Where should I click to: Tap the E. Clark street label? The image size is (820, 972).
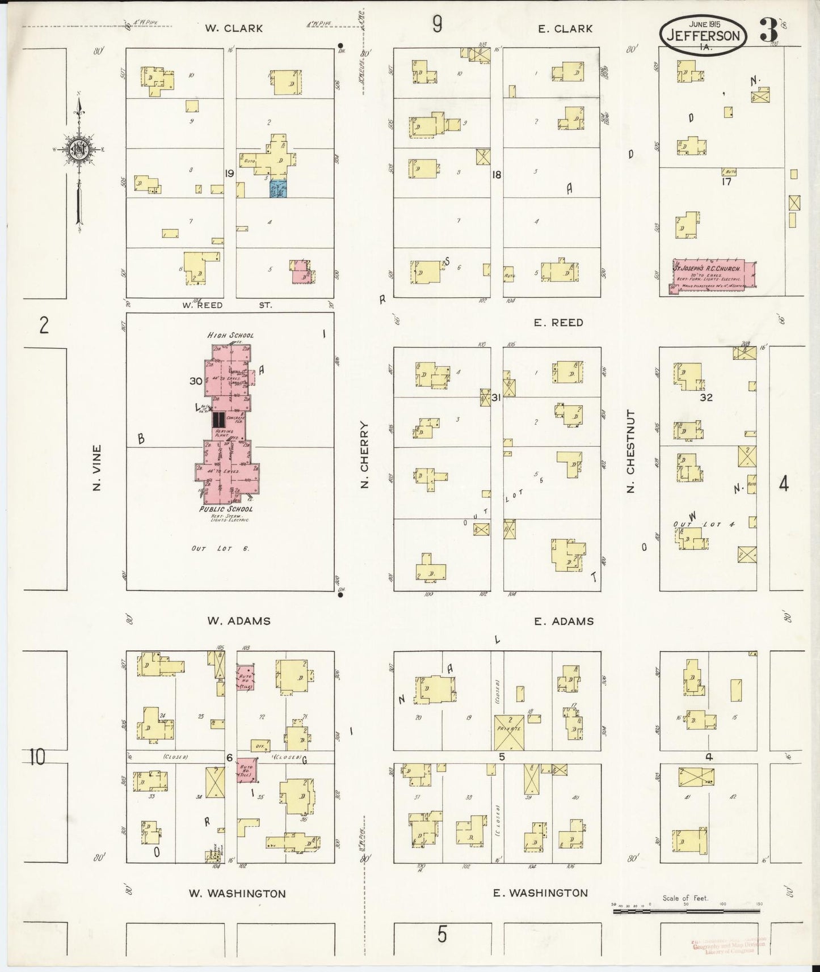565,28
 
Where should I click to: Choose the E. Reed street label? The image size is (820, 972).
558,322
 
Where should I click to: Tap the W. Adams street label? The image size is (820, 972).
238,620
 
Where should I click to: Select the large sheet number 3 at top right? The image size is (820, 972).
768,33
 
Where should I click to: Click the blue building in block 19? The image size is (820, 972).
277,189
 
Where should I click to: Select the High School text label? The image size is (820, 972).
230,335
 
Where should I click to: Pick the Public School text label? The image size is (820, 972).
225,509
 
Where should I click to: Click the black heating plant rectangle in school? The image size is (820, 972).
217,420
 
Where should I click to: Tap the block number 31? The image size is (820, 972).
496,398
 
